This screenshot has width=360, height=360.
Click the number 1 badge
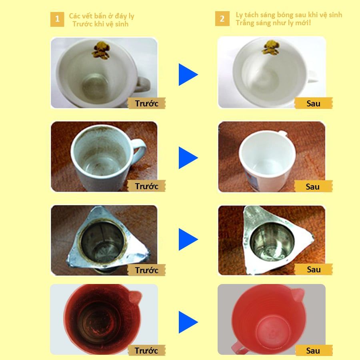coord(57,19)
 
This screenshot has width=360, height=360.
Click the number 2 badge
coord(222,18)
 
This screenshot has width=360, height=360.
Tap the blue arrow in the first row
coord(188,75)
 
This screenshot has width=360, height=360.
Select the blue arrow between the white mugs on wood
coord(188,158)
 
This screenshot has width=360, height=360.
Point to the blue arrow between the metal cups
coord(188,239)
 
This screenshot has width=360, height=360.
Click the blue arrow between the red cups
coord(188,322)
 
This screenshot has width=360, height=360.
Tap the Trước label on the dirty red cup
coord(146,350)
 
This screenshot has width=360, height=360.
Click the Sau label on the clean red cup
coord(313,350)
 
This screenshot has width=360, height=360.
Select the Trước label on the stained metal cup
coord(146,270)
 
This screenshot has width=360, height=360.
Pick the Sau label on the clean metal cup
coord(313,269)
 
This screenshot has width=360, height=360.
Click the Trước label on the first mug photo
coord(146,103)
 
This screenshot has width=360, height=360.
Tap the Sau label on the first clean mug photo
coord(313,103)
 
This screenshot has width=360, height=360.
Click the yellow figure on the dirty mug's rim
coord(101,50)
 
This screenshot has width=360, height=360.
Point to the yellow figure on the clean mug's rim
coord(271,48)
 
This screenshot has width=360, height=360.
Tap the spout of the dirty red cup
coord(135,297)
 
